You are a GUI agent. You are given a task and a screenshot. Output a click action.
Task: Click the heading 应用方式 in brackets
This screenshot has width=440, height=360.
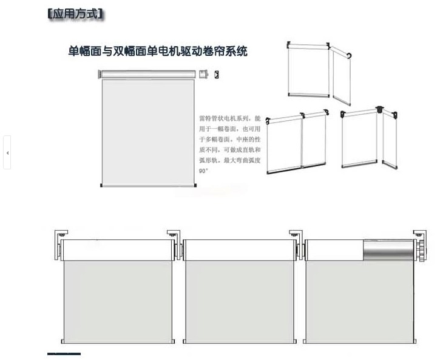(76, 13)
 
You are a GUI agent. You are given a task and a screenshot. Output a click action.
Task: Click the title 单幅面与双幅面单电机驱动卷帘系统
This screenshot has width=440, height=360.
(158, 52)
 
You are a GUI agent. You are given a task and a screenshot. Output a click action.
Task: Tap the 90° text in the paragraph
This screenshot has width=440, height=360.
(203, 171)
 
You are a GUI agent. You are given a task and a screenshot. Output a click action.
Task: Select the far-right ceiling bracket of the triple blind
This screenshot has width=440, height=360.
(421, 233)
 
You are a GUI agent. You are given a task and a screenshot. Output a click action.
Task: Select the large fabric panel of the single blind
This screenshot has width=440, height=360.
(148, 131)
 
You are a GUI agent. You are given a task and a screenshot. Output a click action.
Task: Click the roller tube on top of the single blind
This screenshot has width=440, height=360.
(148, 74)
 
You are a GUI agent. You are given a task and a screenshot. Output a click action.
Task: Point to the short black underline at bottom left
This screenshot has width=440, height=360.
(64, 353)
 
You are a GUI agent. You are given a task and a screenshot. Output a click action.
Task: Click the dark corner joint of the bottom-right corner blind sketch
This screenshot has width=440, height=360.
(381, 110)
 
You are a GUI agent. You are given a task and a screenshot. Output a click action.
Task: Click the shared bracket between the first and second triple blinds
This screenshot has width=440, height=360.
(175, 236)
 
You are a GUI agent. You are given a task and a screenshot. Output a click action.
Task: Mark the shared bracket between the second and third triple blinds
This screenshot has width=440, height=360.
(297, 236)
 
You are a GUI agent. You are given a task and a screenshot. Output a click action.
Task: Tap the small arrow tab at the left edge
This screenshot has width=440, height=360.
(7, 153)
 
